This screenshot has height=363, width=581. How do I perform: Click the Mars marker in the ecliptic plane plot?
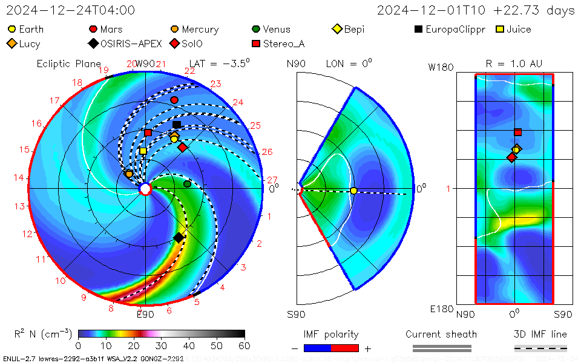pyautogui.click(x=174, y=100)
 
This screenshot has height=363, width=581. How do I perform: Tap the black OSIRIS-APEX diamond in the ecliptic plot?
pyautogui.click(x=179, y=238)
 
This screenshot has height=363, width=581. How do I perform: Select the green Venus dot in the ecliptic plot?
pyautogui.click(x=187, y=183)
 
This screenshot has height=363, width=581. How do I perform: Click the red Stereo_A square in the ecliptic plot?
pyautogui.click(x=148, y=132)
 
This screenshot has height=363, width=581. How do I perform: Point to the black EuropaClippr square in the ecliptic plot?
pyautogui.click(x=176, y=125)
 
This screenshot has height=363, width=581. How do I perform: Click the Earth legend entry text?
pyautogui.click(x=31, y=29)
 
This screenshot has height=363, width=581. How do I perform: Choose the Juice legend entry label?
pyautogui.click(x=519, y=29)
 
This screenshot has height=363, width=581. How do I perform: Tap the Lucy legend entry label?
pyautogui.click(x=30, y=44)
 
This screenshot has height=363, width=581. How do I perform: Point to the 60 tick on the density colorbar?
pyautogui.click(x=245, y=345)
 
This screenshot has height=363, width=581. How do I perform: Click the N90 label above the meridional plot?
pyautogui.click(x=296, y=64)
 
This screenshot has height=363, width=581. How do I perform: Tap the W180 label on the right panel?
pyautogui.click(x=441, y=67)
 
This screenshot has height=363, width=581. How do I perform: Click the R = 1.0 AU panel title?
pyautogui.click(x=514, y=64)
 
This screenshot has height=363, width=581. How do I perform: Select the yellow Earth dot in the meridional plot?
pyautogui.click(x=353, y=191)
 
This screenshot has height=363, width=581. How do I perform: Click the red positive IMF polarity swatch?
pyautogui.click(x=345, y=348)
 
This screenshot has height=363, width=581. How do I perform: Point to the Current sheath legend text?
pyautogui.click(x=441, y=334)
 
